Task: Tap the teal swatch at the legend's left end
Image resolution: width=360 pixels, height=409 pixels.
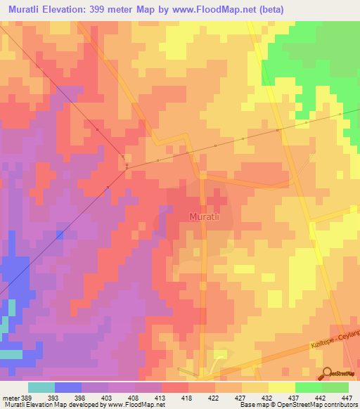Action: point(41,387)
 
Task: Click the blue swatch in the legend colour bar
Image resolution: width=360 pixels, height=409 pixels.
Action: point(68,387)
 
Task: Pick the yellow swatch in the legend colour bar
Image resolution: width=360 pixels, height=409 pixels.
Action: point(281,387)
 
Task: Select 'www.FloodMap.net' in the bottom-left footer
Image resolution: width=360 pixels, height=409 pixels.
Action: point(131,405)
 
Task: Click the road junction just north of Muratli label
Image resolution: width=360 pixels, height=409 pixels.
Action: point(201,176)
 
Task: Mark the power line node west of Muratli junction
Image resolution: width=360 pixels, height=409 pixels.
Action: point(126,167)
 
